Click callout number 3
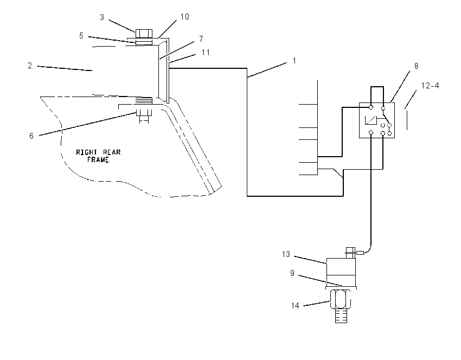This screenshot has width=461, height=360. (102, 17)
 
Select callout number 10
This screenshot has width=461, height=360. (184, 17)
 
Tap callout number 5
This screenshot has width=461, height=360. (81, 36)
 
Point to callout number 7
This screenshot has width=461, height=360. (201, 39)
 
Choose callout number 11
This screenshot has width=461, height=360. (206, 52)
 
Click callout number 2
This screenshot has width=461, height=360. (30, 66)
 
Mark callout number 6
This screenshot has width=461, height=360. (31, 136)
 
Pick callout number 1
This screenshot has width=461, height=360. (294, 61)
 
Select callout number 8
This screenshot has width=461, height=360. (417, 66)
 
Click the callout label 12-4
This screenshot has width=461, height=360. (430, 86)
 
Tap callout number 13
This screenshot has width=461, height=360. (286, 254)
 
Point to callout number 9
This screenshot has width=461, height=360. (292, 273)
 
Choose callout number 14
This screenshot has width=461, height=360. (295, 306)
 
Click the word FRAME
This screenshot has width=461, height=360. (98, 159)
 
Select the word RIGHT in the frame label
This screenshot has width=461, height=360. (87, 152)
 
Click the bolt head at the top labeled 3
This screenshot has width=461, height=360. (144, 34)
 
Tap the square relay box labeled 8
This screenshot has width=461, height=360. (377, 120)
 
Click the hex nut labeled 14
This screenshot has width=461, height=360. (341, 299)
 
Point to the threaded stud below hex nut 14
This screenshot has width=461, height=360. (341, 316)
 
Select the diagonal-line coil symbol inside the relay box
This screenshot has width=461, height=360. (371, 120)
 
